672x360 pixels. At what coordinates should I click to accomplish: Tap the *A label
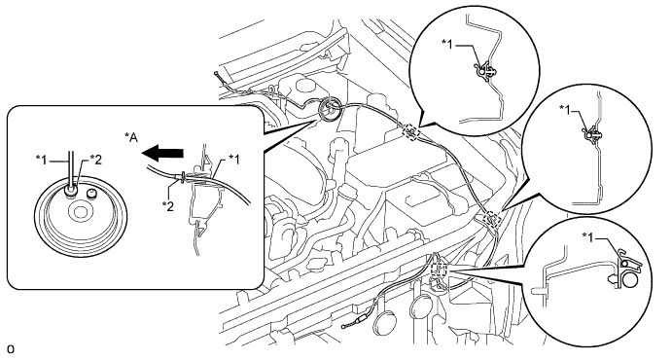(131, 138)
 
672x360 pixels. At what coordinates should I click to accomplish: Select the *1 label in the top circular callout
(447, 44)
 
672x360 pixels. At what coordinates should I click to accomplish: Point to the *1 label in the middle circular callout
(565, 109)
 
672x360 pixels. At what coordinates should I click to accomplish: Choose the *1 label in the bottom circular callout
(588, 236)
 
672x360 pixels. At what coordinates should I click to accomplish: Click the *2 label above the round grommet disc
(96, 160)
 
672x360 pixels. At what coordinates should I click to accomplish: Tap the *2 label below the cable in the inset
(168, 206)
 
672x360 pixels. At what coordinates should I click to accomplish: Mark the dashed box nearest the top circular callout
(410, 131)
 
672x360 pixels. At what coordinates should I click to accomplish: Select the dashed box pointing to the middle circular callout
(491, 219)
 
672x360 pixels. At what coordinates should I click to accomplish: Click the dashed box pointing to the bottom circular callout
(439, 270)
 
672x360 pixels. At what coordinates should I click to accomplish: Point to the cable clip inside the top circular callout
(484, 71)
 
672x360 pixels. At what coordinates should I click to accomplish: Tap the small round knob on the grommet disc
(90, 195)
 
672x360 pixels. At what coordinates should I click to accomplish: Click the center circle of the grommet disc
(80, 212)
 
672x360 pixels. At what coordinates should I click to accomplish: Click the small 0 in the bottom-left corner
(11, 349)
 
